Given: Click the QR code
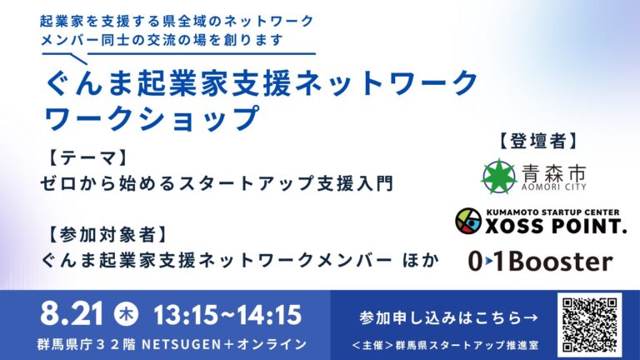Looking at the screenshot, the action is [589, 325].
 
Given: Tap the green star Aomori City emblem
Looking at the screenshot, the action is [498, 177].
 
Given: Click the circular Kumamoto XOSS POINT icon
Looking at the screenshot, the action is [468, 221].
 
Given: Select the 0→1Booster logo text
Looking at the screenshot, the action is [540, 261].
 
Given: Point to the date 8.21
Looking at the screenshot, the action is [72, 314].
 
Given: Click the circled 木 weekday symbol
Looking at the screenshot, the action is [126, 315].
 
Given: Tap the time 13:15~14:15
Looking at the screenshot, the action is [227, 315].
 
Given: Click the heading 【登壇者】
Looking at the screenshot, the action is [538, 141].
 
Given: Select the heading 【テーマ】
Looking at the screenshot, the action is [87, 158].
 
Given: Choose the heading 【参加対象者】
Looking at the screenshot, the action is [107, 234].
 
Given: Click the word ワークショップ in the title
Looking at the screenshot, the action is [152, 118].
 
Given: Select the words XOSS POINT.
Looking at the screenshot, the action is [556, 226].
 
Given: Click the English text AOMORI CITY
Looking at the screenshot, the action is [554, 187].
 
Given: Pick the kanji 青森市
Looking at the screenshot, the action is [554, 172].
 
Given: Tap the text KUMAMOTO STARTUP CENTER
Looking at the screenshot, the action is [552, 212].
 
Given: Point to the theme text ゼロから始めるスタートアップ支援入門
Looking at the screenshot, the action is [217, 182].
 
